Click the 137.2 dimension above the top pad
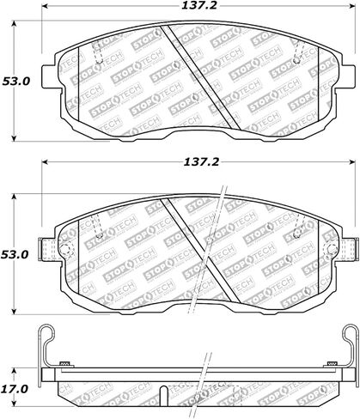pos(199,5)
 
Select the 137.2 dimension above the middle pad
pos(201,162)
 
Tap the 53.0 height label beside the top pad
pos(16,82)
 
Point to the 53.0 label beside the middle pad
pos(15,254)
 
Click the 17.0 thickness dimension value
pos(15,389)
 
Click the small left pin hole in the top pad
pos(99,61)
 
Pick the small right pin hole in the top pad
pos(296,61)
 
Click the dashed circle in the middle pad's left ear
pos(65,249)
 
